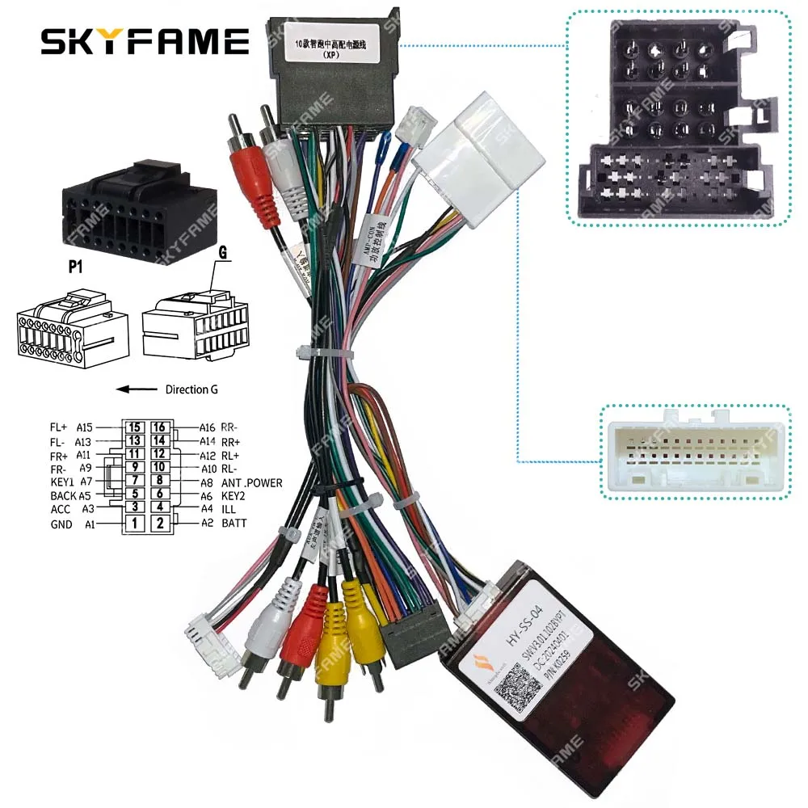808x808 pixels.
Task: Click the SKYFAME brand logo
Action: (x=145, y=40)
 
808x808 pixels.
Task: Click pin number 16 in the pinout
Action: (x=159, y=427)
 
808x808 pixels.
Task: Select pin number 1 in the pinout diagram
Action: (x=135, y=524)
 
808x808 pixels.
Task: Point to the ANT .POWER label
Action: (x=252, y=482)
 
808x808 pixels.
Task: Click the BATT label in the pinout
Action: (x=234, y=524)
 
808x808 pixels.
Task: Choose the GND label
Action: (x=61, y=524)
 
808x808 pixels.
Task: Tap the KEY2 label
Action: (x=234, y=496)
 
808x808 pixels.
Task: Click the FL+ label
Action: (x=59, y=427)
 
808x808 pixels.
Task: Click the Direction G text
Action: (x=191, y=389)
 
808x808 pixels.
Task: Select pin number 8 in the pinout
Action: (x=159, y=482)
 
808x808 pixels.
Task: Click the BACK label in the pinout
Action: (x=63, y=495)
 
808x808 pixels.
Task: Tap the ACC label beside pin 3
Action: (x=61, y=509)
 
